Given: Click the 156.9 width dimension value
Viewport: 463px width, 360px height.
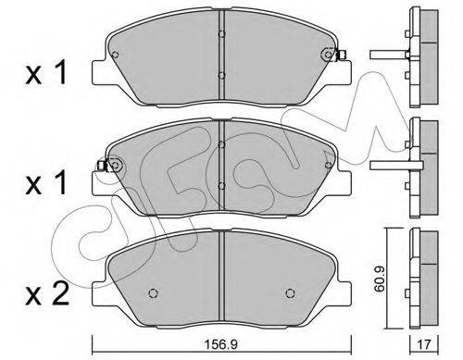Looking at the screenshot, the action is (221, 344).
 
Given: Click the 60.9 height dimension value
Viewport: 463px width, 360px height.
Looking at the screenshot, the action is (379, 279).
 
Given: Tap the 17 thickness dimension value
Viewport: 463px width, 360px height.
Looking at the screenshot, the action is (424, 344).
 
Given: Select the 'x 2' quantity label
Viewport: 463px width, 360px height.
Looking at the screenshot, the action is (47, 294).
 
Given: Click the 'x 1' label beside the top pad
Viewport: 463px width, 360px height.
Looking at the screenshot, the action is (46, 73).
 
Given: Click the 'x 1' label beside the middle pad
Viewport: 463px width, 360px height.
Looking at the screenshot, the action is (46, 182).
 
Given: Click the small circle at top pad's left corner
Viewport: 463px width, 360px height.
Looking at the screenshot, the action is (115, 55).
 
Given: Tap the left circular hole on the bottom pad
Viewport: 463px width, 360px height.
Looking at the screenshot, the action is (154, 293).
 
